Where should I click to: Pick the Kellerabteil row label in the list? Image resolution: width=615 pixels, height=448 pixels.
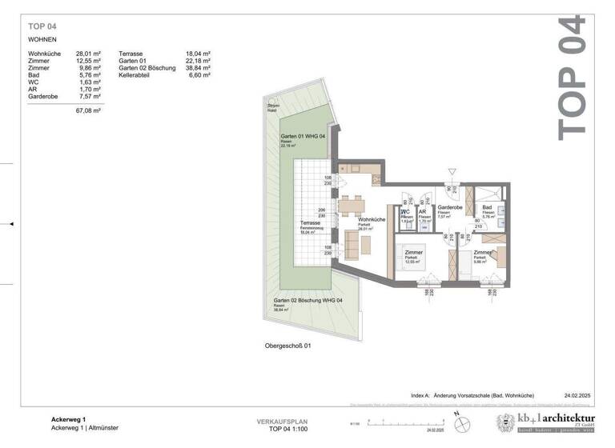[136, 75]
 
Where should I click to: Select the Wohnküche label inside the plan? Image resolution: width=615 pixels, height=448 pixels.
[372, 219]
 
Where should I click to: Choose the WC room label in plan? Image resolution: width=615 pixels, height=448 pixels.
[406, 212]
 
